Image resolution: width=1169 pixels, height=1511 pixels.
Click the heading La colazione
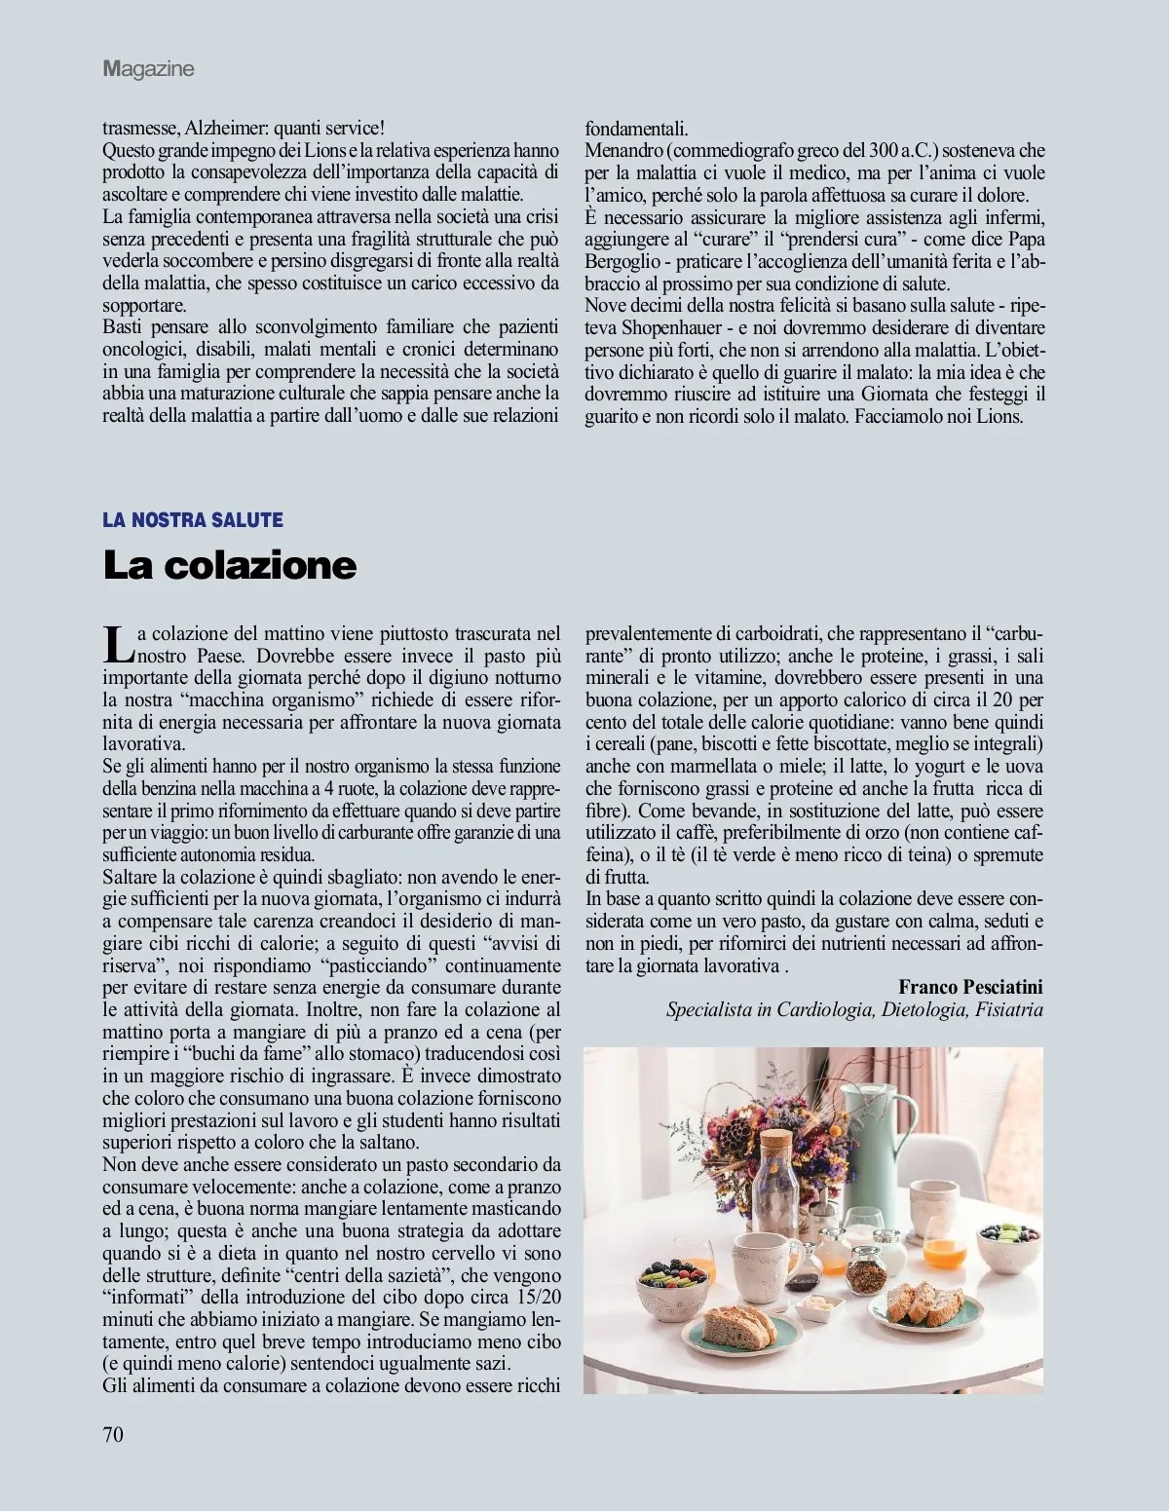230,565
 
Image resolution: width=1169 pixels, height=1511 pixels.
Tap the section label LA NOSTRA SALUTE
193,520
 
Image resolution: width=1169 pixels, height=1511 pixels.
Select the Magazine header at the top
148,68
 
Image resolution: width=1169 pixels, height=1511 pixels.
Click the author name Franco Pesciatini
970,987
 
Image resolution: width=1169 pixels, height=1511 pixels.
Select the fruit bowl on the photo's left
672,1287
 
